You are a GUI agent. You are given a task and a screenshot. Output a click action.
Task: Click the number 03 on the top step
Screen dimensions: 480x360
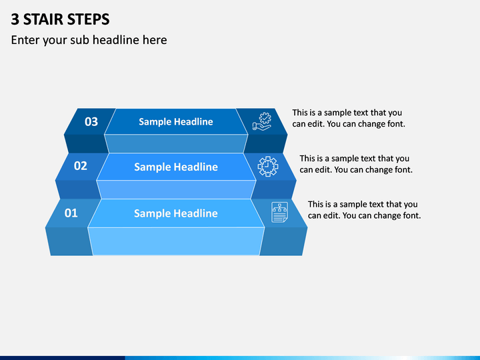[x=91, y=122]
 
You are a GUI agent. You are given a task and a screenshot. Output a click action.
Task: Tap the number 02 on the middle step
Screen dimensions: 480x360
[x=81, y=166]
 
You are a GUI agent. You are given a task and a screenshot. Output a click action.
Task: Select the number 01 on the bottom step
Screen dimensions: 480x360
[x=71, y=213]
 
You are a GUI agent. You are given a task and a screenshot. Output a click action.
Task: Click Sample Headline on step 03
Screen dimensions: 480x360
[x=176, y=121]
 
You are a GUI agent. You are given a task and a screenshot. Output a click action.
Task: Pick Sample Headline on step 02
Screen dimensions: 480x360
[x=176, y=167]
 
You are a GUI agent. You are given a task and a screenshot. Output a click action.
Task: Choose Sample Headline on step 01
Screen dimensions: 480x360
[x=176, y=213]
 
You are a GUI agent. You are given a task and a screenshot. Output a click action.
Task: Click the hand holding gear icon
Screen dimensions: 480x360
[x=262, y=121]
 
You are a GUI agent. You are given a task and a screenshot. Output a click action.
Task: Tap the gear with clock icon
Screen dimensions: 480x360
[x=268, y=166]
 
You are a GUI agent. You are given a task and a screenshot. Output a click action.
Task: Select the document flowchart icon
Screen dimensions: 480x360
[x=279, y=212]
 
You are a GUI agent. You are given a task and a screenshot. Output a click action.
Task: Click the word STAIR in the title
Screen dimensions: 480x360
[x=43, y=19]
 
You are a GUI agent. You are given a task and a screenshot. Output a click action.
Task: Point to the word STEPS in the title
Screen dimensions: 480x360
[x=88, y=19]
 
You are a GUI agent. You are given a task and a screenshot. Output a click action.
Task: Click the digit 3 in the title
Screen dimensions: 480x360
[x=15, y=19]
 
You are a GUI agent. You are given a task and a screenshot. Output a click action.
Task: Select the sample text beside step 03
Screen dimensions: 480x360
[x=349, y=118]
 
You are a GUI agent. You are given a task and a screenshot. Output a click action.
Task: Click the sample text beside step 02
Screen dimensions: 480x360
[x=356, y=164]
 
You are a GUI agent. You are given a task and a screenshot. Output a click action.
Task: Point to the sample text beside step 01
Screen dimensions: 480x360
[x=364, y=210]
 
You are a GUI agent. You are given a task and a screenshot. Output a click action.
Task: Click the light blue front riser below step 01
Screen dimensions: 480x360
[x=176, y=241]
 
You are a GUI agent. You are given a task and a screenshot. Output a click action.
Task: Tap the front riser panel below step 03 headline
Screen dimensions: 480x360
[x=176, y=143]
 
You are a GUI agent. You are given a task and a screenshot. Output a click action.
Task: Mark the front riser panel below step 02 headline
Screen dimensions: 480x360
[x=176, y=189]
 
